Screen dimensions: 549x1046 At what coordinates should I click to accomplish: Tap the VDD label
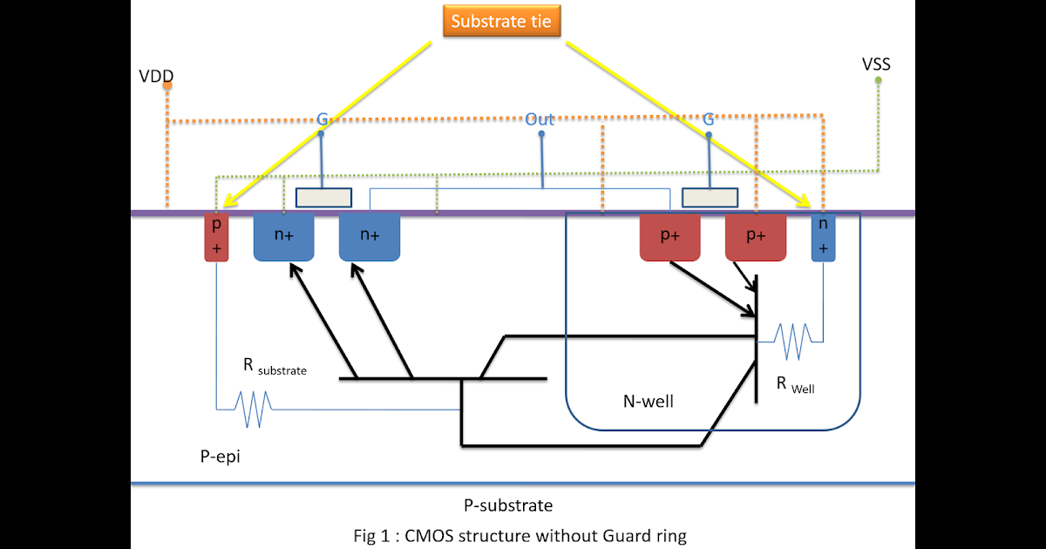[155, 76]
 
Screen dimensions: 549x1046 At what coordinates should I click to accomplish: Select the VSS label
[875, 64]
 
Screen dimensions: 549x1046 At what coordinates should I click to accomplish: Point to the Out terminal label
[540, 119]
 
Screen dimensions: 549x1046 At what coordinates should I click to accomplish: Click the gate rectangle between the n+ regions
[323, 198]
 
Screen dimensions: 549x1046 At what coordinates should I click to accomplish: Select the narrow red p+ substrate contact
[216, 237]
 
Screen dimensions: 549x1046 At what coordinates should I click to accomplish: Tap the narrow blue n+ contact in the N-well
[824, 237]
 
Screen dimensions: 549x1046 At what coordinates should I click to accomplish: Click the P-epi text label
[216, 457]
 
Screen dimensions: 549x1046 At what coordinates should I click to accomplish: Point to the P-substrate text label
[508, 505]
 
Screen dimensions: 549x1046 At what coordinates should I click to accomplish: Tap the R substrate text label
[274, 367]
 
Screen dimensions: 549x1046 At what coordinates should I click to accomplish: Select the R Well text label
[794, 384]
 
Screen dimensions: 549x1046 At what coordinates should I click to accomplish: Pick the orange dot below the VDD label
[166, 86]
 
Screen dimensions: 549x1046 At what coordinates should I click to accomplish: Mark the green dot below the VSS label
[878, 80]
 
